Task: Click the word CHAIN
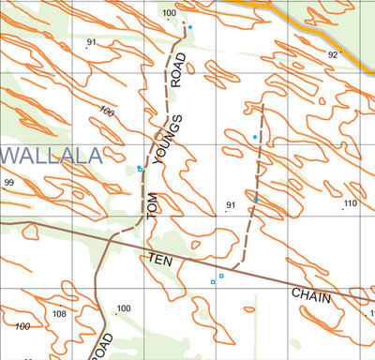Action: [311, 295]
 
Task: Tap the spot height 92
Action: [332, 55]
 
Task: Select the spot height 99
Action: [8, 183]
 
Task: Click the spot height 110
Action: [350, 203]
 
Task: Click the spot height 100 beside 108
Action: [124, 308]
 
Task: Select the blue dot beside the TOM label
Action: [140, 169]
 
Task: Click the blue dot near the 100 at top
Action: [189, 27]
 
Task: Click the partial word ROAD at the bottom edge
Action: [102, 345]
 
